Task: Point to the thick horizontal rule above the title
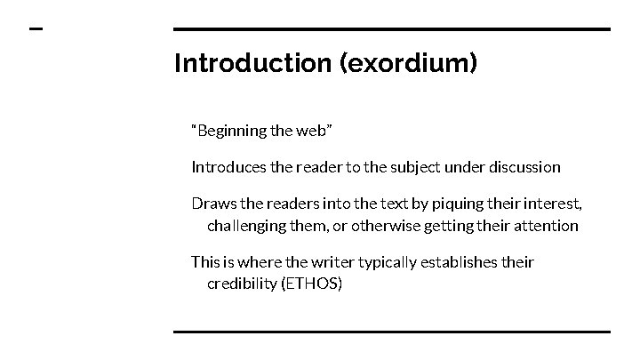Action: point(391,29)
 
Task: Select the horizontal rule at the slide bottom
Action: point(391,332)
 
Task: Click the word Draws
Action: point(211,205)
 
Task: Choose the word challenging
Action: point(246,226)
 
